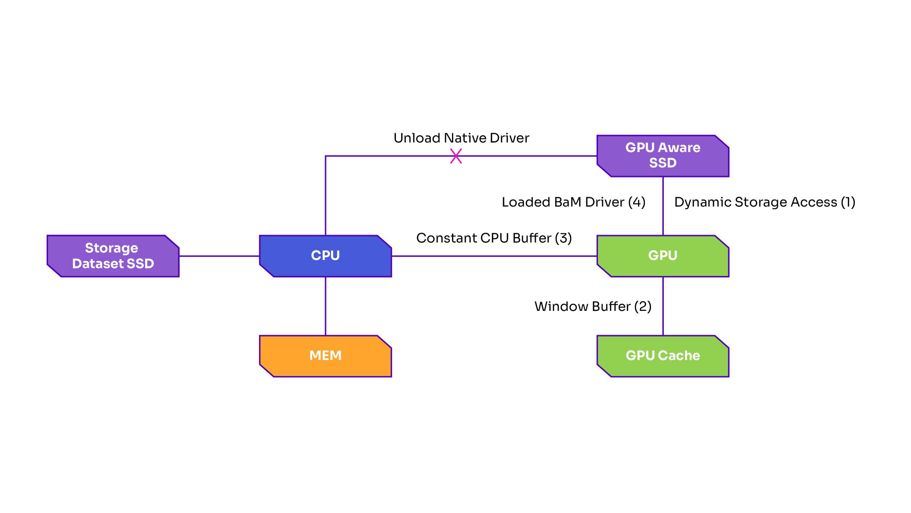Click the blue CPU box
coord(325,256)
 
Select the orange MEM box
coord(325,356)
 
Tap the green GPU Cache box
coord(663,356)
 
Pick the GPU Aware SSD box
coord(663,155)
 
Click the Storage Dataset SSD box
coord(113,256)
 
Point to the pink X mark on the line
coord(456,156)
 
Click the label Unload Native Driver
coord(461,138)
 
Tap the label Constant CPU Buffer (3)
coord(493,238)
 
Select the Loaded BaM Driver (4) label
coord(573,202)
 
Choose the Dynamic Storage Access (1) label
coord(764,202)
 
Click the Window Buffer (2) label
coord(593,306)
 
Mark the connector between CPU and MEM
coord(325,306)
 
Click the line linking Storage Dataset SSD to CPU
coord(219,256)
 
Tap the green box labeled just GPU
coord(663,256)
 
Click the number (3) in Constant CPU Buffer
coord(563,238)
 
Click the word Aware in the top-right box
coord(679,147)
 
